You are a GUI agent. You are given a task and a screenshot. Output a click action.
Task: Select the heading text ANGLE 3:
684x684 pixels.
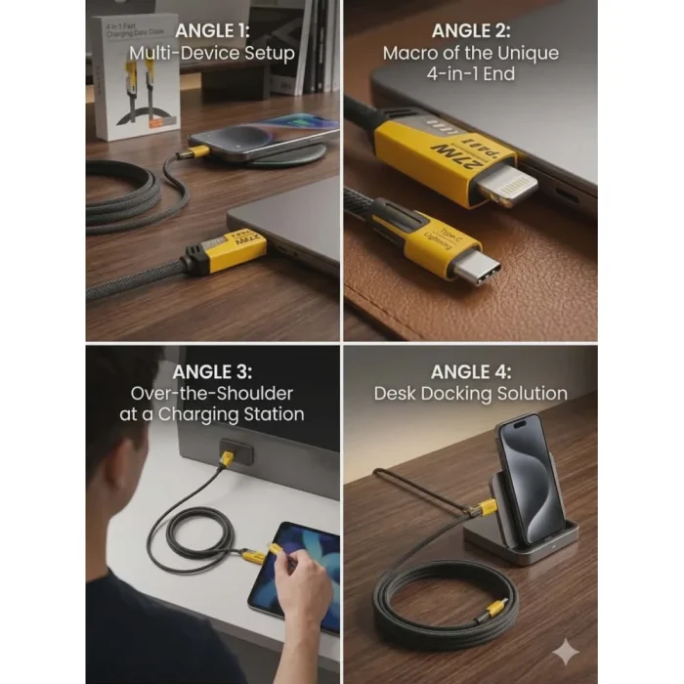tap(211, 371)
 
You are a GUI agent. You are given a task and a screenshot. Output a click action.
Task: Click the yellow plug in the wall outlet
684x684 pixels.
tap(227, 458)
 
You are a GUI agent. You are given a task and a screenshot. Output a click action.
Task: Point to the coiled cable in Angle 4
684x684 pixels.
tap(440, 606)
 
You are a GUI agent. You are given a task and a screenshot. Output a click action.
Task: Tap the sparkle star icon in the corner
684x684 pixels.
tap(564, 653)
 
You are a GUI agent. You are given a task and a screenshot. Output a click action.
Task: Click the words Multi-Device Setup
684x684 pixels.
tap(211, 53)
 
